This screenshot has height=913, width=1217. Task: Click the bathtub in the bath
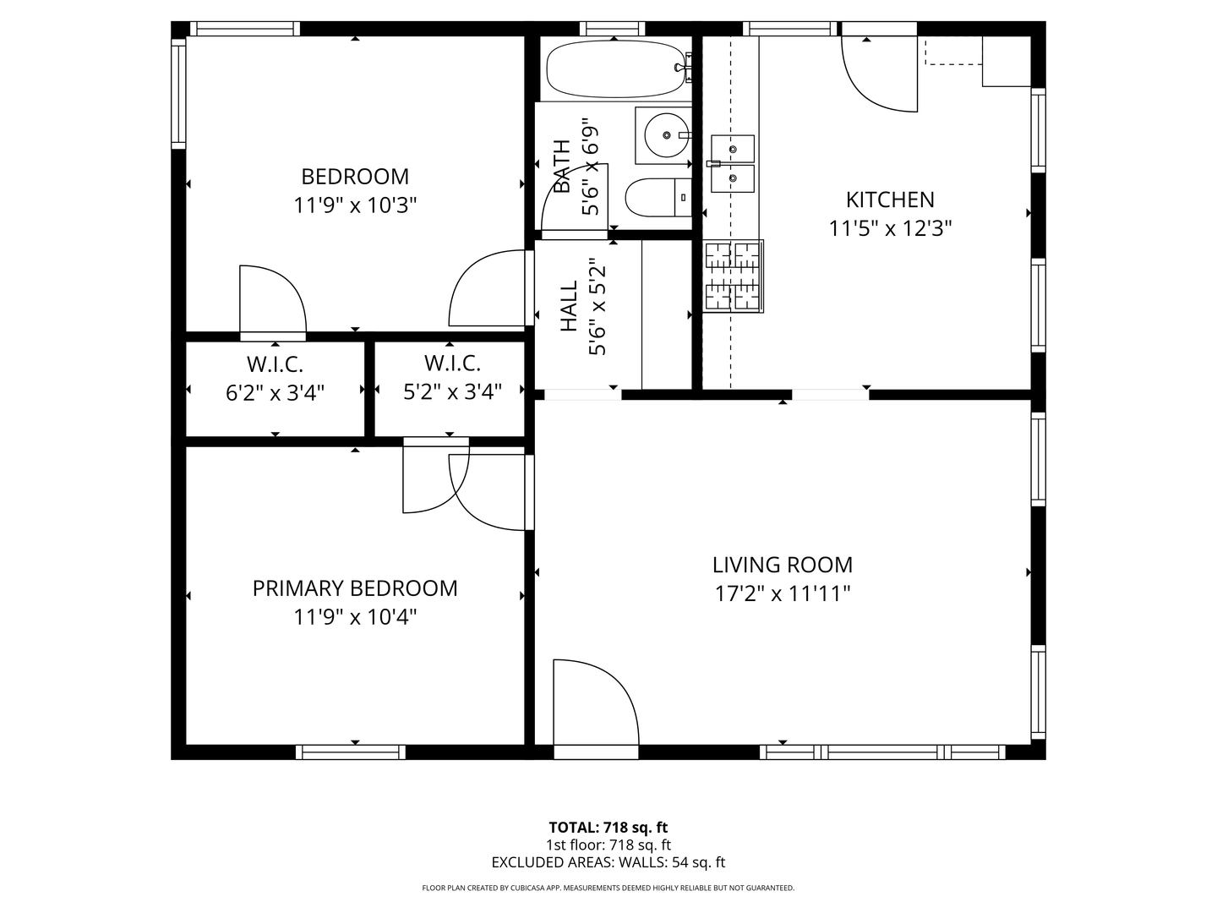(616, 70)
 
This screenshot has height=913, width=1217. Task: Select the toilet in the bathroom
(658, 197)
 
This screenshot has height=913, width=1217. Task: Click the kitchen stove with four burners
(733, 276)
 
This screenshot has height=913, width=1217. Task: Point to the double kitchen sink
(732, 163)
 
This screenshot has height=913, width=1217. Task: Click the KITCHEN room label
(890, 200)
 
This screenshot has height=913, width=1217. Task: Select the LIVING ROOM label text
(782, 565)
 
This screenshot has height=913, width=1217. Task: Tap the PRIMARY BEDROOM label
(355, 588)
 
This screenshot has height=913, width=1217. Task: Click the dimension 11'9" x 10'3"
(355, 205)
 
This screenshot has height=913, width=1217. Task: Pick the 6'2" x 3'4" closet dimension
(275, 392)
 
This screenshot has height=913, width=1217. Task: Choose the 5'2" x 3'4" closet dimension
(452, 391)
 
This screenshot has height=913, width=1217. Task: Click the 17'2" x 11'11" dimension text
(782, 593)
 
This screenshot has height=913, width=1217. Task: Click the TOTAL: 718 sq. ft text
(608, 828)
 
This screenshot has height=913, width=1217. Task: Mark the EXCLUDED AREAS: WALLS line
(608, 862)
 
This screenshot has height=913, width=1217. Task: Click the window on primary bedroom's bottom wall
(351, 752)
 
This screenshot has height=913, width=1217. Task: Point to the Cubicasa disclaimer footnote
(608, 888)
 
